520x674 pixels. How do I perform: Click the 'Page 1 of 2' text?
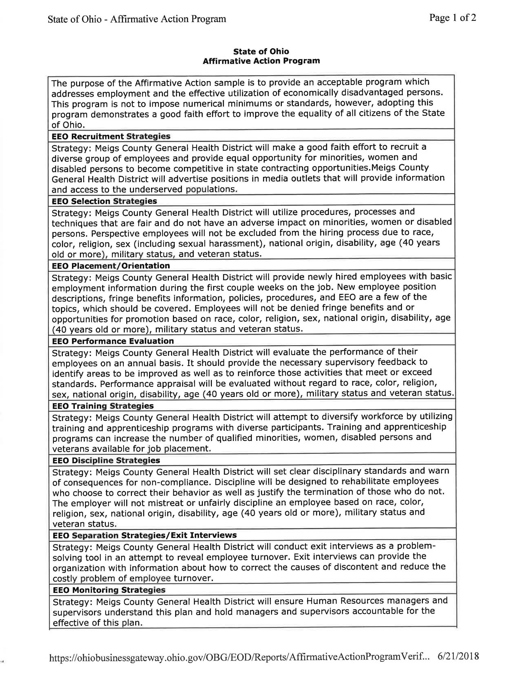click(452, 18)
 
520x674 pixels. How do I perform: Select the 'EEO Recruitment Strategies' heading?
click(111, 136)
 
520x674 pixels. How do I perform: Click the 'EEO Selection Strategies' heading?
click(104, 201)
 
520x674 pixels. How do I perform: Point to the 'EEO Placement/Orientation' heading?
click(111, 266)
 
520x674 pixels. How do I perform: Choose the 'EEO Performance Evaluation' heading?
click(113, 341)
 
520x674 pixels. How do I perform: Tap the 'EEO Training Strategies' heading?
click(103, 406)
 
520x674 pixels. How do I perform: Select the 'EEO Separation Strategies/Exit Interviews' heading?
click(145, 535)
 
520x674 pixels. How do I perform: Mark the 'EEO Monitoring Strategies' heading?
click(109, 590)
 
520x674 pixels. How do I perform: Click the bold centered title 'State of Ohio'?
click(261, 51)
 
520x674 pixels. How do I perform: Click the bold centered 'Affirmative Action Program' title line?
click(261, 61)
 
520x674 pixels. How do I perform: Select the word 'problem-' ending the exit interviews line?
click(416, 546)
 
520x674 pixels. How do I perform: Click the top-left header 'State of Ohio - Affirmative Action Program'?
click(137, 19)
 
